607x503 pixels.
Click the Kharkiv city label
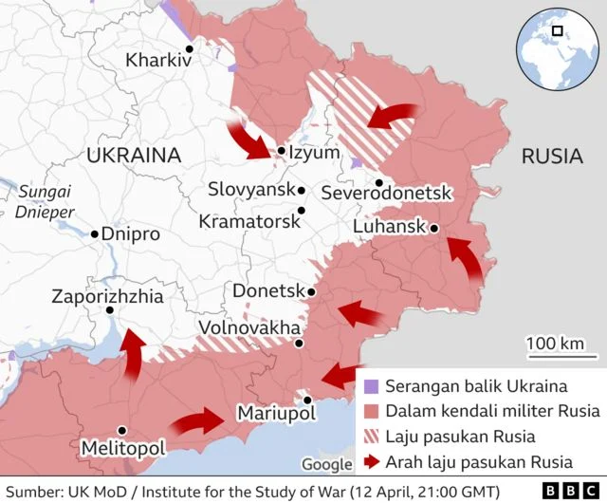point(158,60)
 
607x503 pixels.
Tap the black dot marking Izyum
point(282,150)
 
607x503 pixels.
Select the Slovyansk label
point(251,190)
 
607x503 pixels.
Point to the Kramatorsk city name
point(249,221)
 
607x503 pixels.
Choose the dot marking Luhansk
point(433,228)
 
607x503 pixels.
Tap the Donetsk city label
point(267,290)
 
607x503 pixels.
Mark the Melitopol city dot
point(121,430)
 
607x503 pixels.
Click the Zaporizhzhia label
point(107,297)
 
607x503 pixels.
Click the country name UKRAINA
point(133,156)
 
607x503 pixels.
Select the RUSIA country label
point(552,157)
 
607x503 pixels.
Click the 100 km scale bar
point(556,356)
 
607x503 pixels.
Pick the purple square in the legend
point(370,386)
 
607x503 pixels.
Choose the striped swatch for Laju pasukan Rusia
point(370,437)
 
